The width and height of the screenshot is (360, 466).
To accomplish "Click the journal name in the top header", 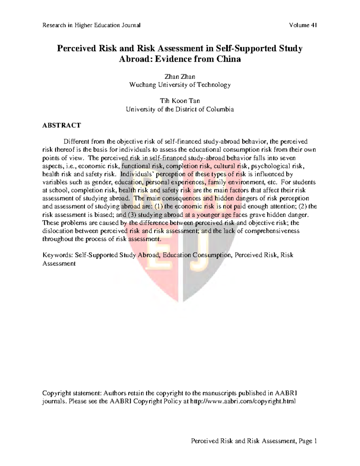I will (91, 25).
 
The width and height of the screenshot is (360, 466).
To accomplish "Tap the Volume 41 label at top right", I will (303, 25).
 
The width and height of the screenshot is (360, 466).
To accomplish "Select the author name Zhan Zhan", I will (180, 77).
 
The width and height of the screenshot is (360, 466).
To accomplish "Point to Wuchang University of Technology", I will (180, 85).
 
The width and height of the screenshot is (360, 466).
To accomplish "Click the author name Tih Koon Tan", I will (180, 101).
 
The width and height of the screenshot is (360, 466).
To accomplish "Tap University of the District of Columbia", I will (180, 109).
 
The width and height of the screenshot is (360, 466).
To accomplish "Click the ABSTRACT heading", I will (61, 125).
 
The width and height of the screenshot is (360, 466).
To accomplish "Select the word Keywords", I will (57, 255).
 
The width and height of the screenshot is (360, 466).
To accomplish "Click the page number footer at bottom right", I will (254, 441).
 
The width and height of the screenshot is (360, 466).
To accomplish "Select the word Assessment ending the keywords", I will (59, 263).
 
